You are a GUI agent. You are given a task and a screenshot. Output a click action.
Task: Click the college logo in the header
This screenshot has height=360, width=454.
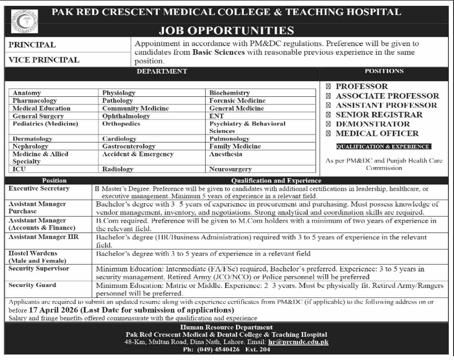(x=25, y=21)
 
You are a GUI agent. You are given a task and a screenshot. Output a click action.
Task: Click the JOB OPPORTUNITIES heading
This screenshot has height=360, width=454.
(x=226, y=30)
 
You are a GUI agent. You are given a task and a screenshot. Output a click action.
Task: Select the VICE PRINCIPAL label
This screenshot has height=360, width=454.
(x=44, y=60)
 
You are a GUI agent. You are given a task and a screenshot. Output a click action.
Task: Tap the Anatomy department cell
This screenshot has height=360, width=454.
(x=27, y=93)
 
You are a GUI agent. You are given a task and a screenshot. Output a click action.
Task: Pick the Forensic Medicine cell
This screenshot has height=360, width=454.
(x=237, y=101)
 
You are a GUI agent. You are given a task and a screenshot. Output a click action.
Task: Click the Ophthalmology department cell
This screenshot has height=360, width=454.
(x=126, y=116)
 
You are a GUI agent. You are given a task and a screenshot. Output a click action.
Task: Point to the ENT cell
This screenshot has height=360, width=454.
(x=216, y=116)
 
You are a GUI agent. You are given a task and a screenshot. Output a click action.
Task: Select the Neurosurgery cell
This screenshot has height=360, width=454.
(x=230, y=169)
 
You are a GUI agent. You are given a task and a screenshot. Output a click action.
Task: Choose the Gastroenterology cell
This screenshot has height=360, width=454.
(x=129, y=146)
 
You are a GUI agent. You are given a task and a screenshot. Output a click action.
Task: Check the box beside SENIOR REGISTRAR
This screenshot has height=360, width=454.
(x=328, y=115)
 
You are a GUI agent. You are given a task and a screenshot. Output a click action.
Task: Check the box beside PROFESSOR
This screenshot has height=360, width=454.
(x=328, y=87)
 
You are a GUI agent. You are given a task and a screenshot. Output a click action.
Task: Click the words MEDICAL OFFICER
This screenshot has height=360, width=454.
(x=377, y=133)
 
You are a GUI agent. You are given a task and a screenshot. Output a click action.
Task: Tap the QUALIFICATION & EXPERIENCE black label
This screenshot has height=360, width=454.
(x=383, y=147)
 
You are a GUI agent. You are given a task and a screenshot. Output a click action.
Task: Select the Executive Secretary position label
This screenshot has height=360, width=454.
(x=39, y=189)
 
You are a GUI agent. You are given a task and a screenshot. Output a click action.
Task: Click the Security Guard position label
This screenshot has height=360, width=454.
(x=32, y=285)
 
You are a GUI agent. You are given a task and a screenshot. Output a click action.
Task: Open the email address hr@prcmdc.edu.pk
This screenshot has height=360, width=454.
(x=298, y=342)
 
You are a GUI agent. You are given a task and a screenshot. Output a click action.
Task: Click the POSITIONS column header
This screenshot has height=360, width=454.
(x=384, y=71)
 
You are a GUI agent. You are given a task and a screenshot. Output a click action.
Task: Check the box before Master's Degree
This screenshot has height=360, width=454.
(x=97, y=189)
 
